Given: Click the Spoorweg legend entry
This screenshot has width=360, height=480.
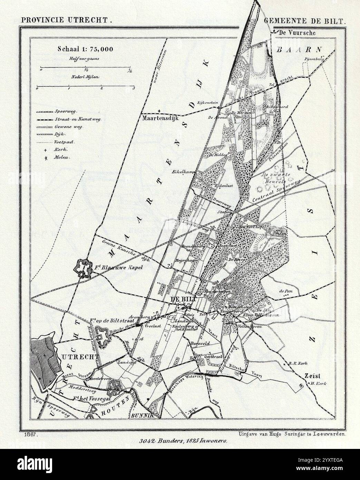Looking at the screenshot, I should pos(65,112).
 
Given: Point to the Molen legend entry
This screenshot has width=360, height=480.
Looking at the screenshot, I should pos(62,157).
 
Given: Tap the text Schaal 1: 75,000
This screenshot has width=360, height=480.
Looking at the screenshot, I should pos(85,49).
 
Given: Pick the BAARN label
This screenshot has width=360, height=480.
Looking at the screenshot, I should pos(299,49).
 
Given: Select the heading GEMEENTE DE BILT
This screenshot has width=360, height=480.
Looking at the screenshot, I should pos(304,20).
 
